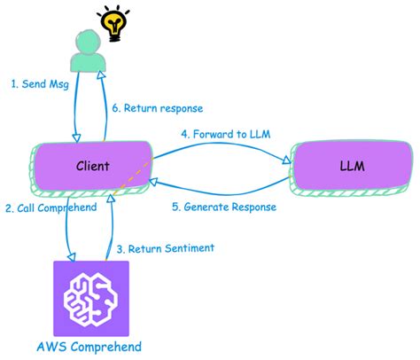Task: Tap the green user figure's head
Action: pos(86,43)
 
